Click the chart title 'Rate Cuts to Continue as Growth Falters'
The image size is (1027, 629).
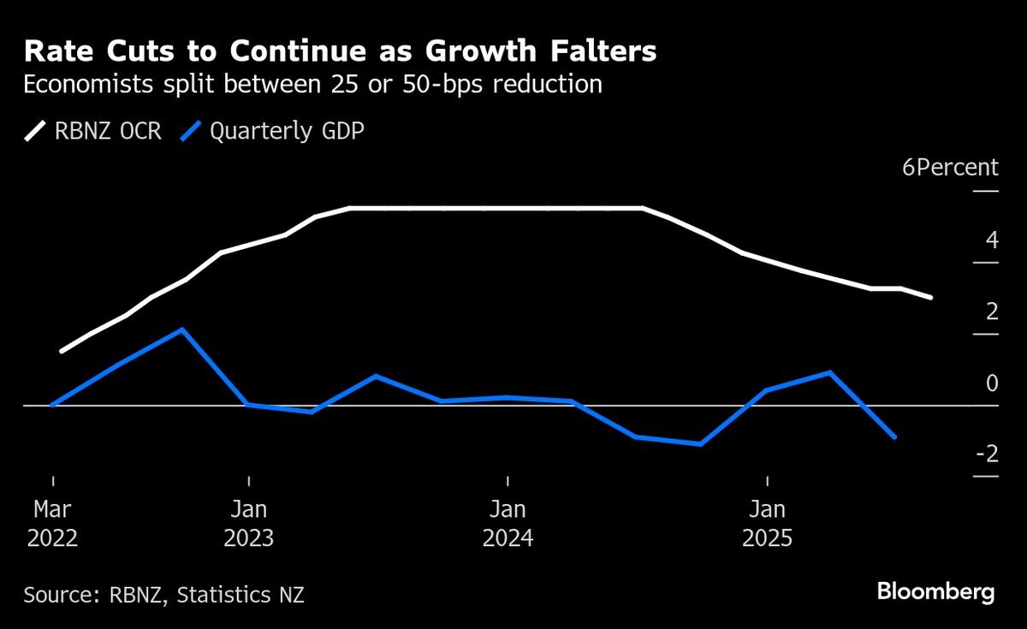click(340, 51)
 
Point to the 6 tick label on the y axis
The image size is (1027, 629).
click(908, 167)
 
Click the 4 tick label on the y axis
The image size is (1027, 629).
click(992, 240)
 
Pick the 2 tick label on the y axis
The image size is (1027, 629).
click(992, 312)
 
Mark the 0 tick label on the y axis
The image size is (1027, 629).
click(992, 383)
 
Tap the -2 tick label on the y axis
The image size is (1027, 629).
click(987, 454)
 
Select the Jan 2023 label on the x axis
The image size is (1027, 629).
click(248, 524)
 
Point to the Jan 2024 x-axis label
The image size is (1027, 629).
click(508, 524)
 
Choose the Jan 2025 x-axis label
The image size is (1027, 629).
click(768, 524)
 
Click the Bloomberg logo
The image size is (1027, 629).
click(935, 591)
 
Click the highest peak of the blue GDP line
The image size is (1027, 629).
click(182, 329)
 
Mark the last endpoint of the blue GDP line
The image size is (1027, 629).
click(894, 436)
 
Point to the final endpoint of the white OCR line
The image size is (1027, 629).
click(930, 297)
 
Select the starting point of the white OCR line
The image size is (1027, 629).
click(61, 351)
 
